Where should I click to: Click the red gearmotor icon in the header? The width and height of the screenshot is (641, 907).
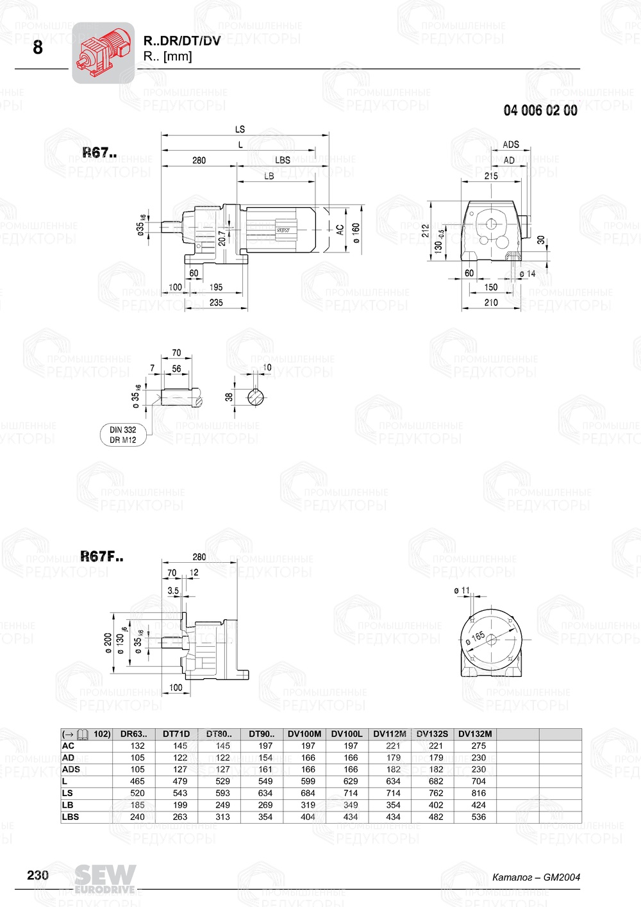103,53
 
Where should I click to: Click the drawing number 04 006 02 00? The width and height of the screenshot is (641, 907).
540,111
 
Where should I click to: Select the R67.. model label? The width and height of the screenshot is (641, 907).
99,153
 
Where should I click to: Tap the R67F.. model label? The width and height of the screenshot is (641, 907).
101,556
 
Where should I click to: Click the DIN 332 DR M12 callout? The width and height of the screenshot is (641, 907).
123,435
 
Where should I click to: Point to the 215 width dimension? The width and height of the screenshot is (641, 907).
491,176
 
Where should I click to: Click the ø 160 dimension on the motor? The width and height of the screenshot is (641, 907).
356,232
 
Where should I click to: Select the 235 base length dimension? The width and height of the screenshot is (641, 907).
216,303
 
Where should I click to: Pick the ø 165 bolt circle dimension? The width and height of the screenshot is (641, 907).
476,638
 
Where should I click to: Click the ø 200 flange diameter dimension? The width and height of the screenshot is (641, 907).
108,642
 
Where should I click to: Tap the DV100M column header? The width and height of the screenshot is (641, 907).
304,734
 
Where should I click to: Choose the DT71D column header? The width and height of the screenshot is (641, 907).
176,734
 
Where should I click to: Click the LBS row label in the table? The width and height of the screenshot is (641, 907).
71,817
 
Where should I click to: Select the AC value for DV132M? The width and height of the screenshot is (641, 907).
478,746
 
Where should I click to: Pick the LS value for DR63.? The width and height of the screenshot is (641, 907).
137,794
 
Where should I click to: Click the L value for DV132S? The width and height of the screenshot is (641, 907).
436,781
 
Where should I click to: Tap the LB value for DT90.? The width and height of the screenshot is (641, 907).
265,805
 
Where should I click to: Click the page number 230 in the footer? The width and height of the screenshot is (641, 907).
38,875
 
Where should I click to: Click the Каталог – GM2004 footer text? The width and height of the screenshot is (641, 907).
536,878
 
